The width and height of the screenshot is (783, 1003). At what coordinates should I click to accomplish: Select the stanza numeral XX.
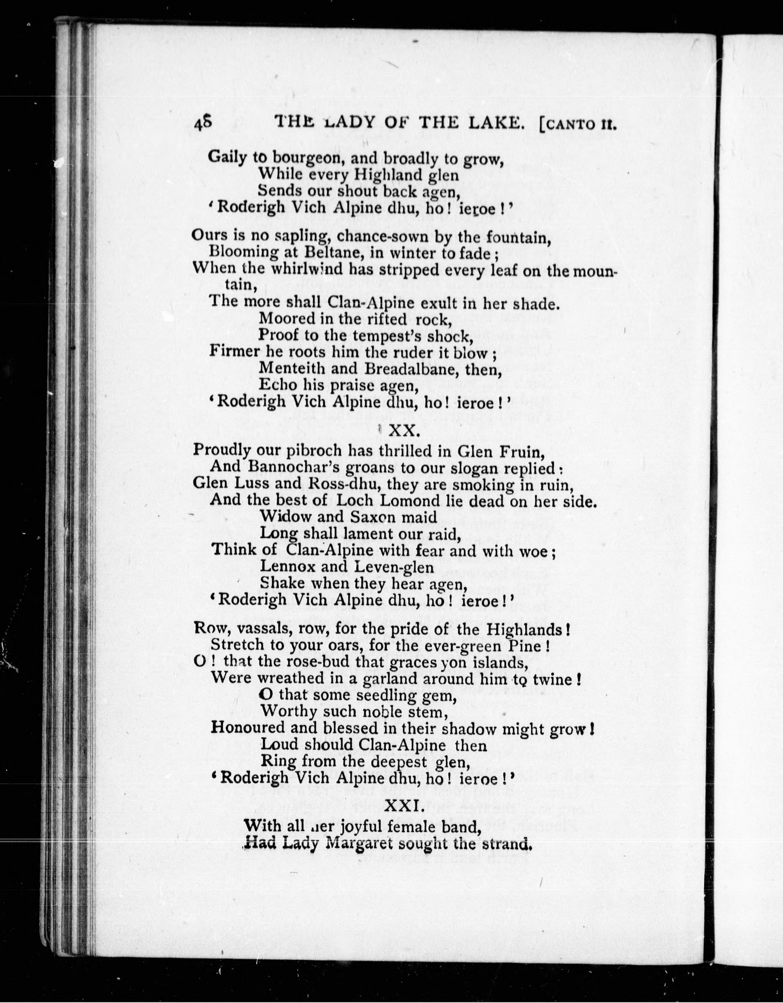coord(403,431)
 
